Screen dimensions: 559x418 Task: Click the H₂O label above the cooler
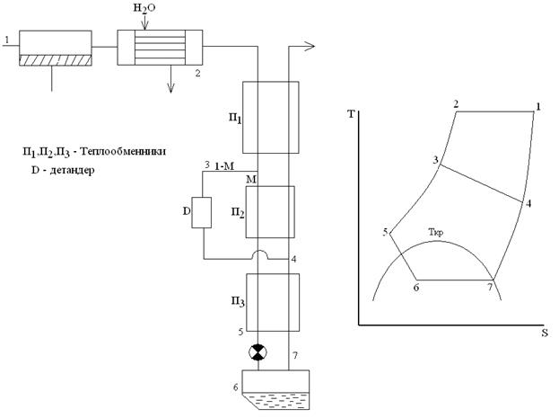pos(144,9)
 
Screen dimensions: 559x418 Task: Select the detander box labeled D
pos(202,212)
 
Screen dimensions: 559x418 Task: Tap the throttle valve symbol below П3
pos(258,352)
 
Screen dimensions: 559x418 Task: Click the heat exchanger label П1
pos(235,118)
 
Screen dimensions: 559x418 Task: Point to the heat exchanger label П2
pos(238,213)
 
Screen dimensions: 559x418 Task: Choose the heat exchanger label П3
pos(238,302)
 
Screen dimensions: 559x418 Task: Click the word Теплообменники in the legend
pos(123,152)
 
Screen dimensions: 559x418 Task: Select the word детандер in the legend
pos(72,170)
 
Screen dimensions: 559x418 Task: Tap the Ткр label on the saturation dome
pos(436,233)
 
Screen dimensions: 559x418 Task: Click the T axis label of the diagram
pos(352,114)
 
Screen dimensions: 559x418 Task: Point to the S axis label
pos(545,333)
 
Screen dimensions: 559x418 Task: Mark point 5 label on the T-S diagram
pos(385,233)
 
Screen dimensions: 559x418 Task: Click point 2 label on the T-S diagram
pos(456,104)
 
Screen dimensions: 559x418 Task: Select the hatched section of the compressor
pos(56,60)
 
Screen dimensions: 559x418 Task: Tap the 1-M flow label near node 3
pos(224,166)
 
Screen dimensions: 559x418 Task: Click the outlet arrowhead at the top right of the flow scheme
pos(310,46)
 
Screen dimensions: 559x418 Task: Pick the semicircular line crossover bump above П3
pos(261,253)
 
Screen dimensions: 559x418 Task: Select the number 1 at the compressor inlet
pos(6,40)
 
